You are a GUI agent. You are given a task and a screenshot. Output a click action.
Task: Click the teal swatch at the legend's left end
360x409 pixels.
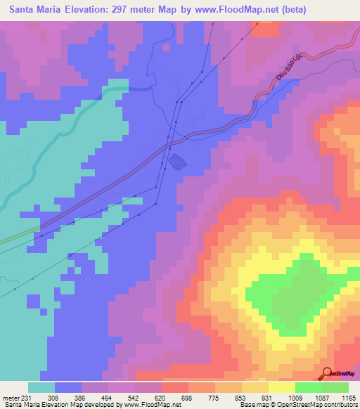pos(41,387)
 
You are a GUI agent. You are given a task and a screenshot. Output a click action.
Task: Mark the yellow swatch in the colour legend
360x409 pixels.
pos(281,387)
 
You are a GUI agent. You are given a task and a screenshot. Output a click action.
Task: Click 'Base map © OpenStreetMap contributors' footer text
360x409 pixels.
pos(299,404)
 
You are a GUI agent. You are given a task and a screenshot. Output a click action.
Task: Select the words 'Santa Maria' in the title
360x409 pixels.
pos(32,9)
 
